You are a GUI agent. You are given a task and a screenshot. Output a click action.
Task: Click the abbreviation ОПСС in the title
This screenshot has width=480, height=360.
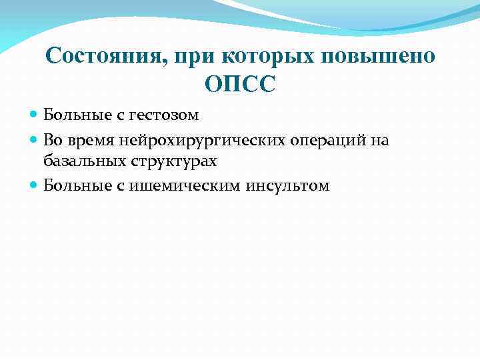click(x=240, y=85)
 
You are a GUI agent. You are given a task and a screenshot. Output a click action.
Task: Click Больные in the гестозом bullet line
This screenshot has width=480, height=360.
click(x=69, y=115)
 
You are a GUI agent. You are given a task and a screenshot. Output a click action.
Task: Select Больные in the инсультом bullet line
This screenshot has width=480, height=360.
click(x=69, y=186)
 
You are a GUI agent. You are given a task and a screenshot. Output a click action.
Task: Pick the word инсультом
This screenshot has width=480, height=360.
click(x=288, y=186)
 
